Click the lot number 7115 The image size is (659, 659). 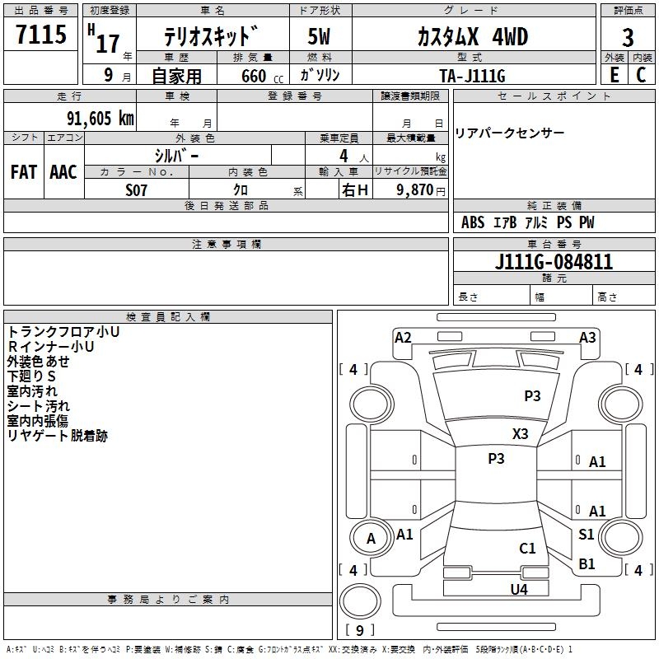(41, 35)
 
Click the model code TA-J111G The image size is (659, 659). (472, 75)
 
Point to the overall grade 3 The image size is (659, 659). (628, 37)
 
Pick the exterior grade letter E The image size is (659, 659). (615, 75)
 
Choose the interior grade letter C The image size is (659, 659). (641, 75)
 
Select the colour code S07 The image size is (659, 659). (137, 190)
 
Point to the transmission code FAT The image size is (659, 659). (23, 172)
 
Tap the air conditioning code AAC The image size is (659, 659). (63, 172)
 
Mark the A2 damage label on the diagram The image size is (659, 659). (403, 337)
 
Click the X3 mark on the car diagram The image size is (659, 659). (520, 434)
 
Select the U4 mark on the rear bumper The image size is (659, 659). (518, 589)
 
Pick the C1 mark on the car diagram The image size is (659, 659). (527, 548)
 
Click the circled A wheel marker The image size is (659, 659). (371, 539)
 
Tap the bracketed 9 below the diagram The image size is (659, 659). (359, 631)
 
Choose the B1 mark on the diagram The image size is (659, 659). (587, 563)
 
